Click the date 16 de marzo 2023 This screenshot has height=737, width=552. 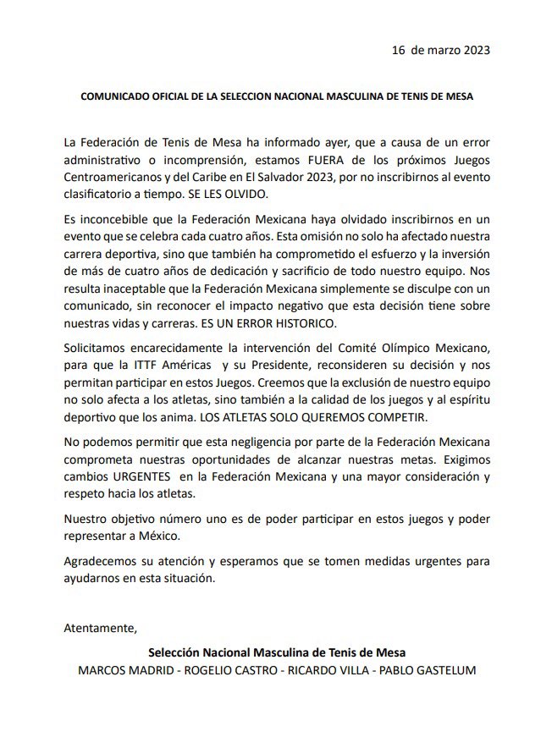pos(440,49)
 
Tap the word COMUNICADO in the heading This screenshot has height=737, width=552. pos(119,96)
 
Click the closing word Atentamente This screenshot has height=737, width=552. pos(100,628)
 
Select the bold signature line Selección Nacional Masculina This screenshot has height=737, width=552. pos(277,653)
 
